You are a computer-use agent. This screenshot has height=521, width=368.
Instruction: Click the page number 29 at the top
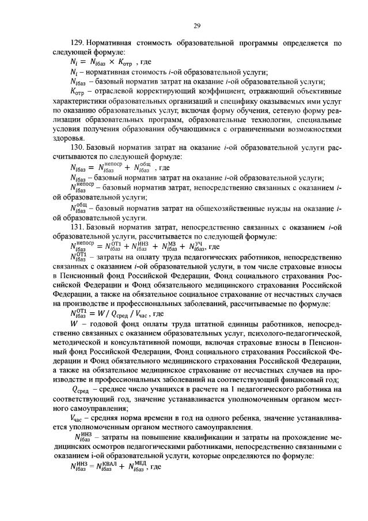click(x=196, y=25)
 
